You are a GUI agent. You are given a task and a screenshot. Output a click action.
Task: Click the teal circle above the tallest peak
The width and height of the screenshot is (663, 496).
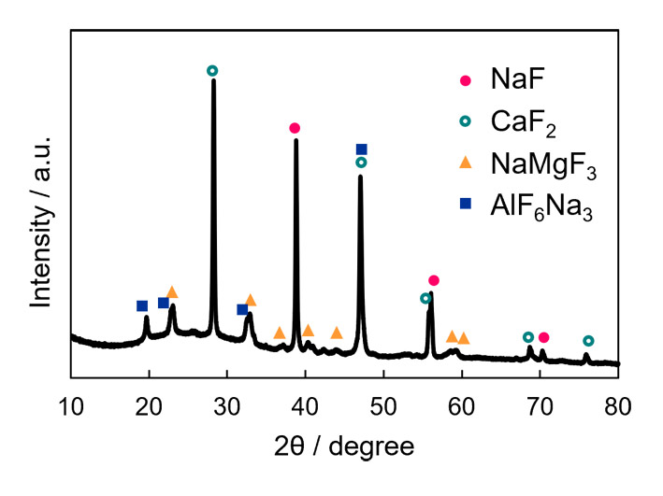point(212,71)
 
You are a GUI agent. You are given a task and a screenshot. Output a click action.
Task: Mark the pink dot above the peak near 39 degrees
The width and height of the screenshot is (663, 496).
point(295,128)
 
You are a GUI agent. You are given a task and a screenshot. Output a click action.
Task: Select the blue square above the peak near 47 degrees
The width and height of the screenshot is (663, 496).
point(362,149)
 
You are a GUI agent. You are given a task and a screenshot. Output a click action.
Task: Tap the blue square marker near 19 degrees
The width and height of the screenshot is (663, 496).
point(142,305)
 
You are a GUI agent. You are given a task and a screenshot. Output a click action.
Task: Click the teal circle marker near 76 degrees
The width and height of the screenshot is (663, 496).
point(588,341)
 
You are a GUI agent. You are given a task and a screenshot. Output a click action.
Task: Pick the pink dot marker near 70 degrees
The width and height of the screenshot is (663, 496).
point(544,337)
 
